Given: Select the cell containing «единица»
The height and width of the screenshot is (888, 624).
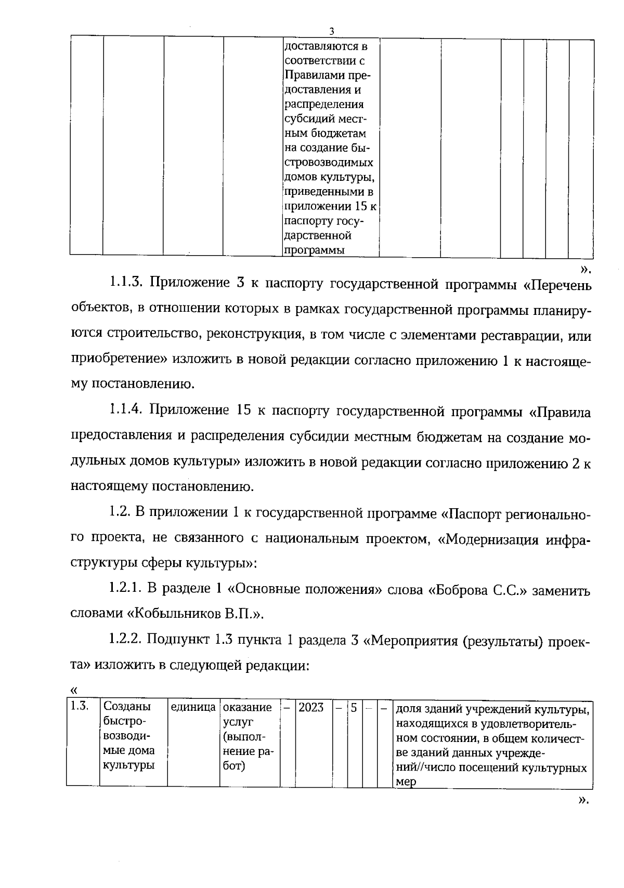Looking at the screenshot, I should (193, 707).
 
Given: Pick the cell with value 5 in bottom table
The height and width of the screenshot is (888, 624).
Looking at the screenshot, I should (354, 707).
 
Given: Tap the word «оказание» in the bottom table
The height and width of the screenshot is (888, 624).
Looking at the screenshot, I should (248, 707).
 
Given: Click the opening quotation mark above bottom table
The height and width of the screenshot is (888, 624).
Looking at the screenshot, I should (73, 690).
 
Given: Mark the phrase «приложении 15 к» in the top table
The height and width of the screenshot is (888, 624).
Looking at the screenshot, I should (331, 207).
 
